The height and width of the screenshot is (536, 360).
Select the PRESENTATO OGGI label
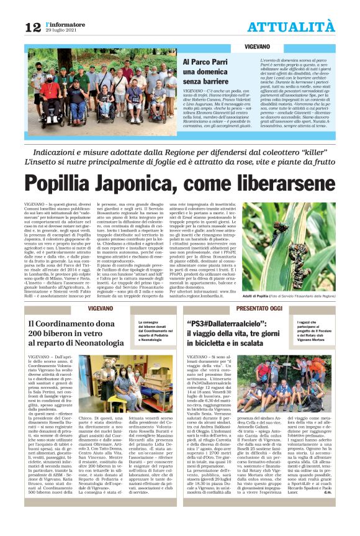(276, 309)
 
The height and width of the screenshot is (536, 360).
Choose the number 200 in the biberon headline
(38, 334)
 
